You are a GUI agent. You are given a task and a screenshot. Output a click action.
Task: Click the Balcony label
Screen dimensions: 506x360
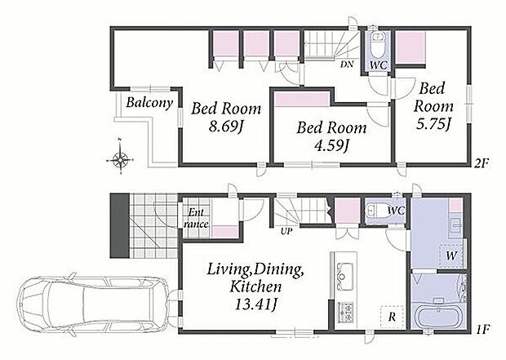click(x=149, y=103)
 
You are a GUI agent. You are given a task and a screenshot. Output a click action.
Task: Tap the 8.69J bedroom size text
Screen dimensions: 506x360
click(x=225, y=127)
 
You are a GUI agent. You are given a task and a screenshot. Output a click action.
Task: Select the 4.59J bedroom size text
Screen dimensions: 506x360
click(x=331, y=145)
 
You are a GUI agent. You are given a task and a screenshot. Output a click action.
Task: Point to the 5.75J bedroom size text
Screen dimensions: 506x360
click(x=433, y=123)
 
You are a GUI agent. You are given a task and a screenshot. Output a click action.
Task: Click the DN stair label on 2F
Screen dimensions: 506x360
click(x=347, y=64)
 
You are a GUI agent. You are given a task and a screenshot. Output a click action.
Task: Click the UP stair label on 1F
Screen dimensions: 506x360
click(x=286, y=231)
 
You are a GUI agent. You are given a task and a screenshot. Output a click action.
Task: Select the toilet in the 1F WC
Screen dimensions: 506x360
click(x=375, y=211)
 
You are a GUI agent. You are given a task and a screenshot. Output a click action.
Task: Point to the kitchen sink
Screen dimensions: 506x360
click(x=345, y=277)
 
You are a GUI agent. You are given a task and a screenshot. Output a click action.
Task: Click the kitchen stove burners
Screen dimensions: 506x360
click(x=345, y=312)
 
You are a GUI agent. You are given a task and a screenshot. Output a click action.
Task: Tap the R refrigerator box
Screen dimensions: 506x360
click(x=392, y=317)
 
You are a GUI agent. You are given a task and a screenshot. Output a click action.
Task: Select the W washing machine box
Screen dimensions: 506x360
click(x=452, y=256)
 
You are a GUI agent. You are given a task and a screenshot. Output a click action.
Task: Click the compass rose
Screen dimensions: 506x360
click(x=120, y=158)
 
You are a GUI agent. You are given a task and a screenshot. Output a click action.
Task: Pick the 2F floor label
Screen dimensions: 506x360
click(x=482, y=164)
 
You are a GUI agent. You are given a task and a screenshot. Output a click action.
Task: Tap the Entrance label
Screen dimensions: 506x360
click(x=196, y=218)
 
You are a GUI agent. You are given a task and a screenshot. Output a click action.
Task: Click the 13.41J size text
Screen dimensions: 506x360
click(x=256, y=304)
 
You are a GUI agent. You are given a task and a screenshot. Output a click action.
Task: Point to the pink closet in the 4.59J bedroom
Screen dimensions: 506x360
click(x=302, y=99)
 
